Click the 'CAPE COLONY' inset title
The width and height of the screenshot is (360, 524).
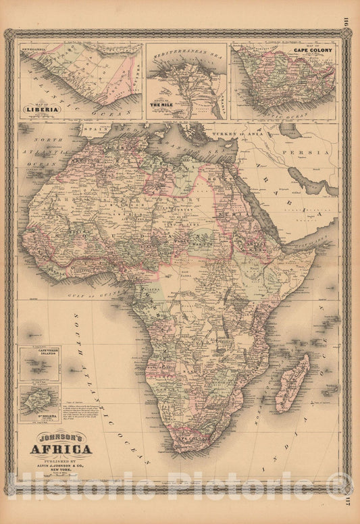(311, 49)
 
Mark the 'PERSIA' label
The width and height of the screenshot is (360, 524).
(308, 153)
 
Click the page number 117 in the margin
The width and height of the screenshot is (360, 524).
(353, 500)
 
